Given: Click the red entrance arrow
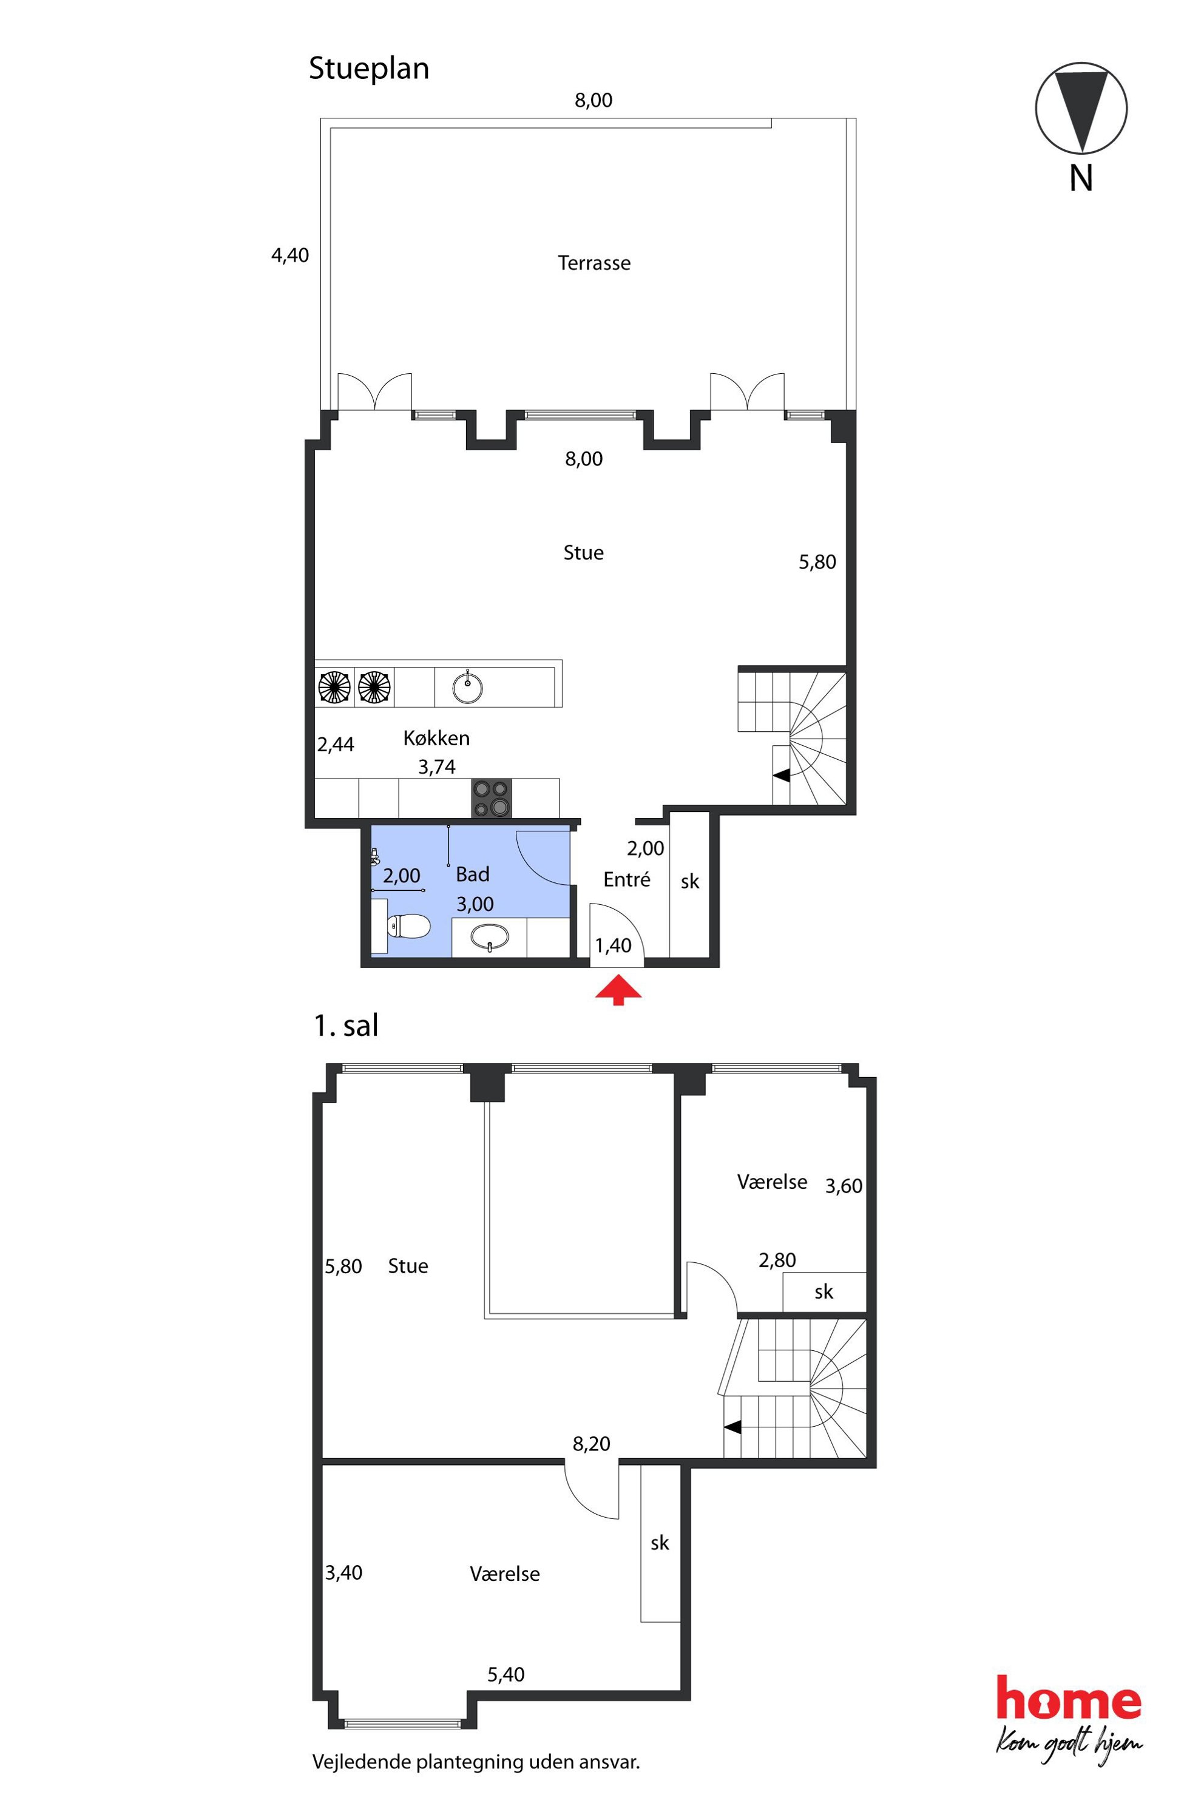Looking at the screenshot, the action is click(618, 990).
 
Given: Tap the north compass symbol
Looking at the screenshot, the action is click(1081, 108).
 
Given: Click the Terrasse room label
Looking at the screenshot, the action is click(594, 263).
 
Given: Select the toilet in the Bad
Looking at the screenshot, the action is click(407, 927).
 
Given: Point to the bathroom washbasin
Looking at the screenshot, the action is click(489, 938).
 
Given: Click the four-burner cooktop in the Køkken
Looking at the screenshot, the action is click(492, 799).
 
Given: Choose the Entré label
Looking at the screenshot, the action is click(626, 879).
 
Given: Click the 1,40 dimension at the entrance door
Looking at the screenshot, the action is click(613, 946).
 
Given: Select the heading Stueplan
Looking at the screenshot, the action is click(368, 69).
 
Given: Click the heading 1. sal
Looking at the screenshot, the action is click(347, 1026).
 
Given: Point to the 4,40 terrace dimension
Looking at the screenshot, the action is click(290, 255).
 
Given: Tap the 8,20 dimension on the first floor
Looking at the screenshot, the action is click(591, 1444).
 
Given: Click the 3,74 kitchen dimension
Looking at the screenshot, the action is click(437, 767).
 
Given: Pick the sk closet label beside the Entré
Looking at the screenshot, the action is click(689, 882).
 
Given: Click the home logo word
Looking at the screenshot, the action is click(1069, 1698).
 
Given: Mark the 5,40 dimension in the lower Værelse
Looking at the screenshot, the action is click(506, 1675).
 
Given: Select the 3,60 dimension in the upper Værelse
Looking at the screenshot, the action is click(844, 1186).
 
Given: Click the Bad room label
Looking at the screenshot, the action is click(472, 874).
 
